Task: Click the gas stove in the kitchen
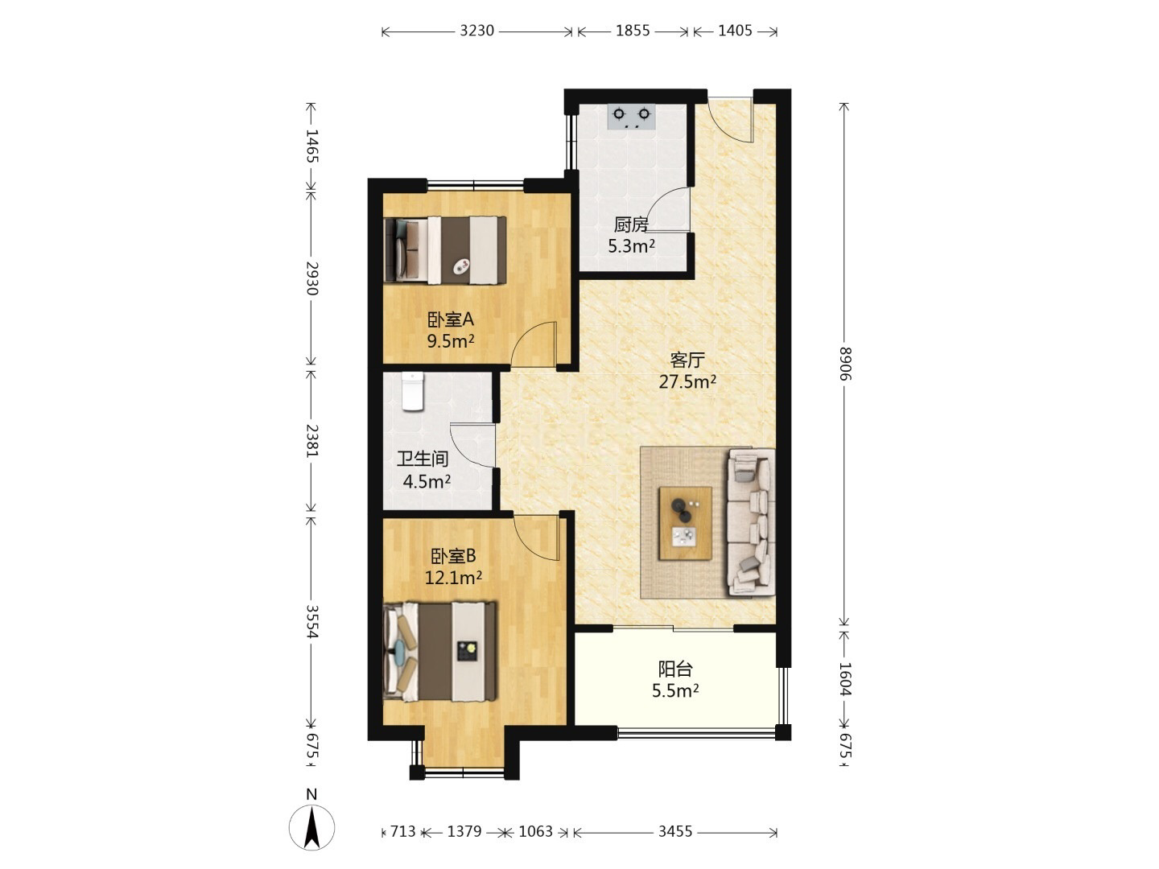click(631, 117)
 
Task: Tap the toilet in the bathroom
click(412, 391)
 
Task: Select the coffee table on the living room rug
click(685, 523)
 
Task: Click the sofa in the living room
click(752, 522)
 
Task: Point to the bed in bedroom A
click(445, 250)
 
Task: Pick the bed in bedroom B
click(439, 652)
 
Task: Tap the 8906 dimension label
click(845, 364)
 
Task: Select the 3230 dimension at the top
click(476, 31)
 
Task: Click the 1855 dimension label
click(633, 31)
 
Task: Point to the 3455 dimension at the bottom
click(674, 831)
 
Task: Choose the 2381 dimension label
click(312, 440)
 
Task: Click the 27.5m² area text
click(687, 381)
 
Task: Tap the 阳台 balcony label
click(674, 669)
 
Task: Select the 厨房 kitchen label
click(631, 224)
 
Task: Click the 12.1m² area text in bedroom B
click(453, 578)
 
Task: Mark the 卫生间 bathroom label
click(423, 459)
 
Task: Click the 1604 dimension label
click(845, 679)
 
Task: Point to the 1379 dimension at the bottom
click(464, 831)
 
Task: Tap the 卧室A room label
click(451, 319)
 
